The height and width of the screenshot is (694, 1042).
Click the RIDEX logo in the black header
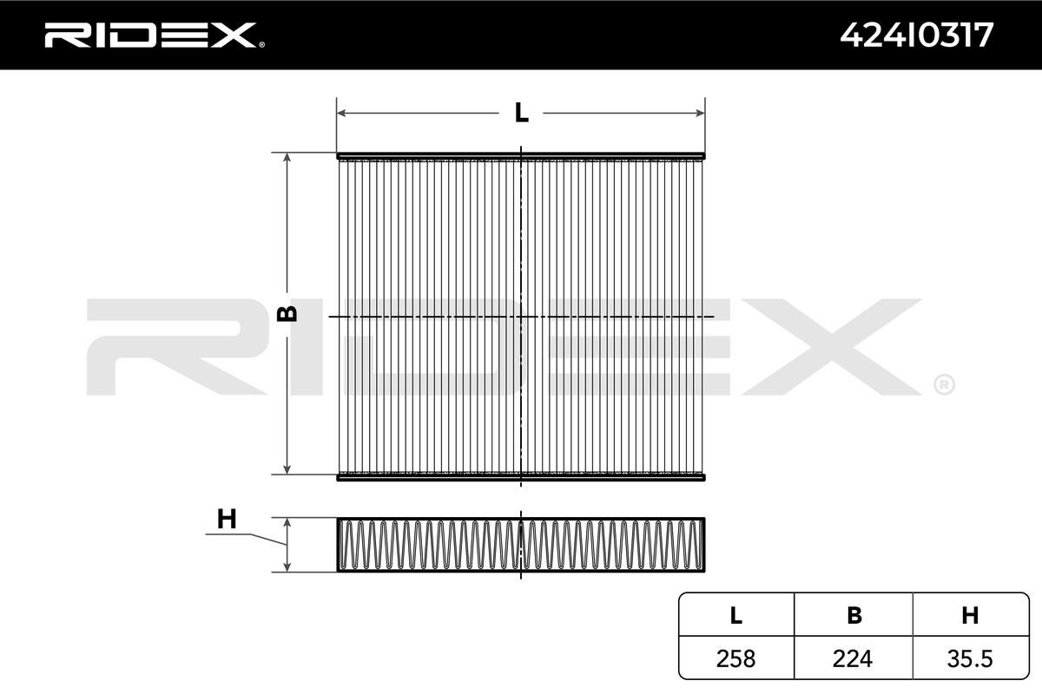[155, 35]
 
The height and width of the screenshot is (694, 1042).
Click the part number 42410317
[916, 36]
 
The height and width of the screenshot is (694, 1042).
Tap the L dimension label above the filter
[522, 113]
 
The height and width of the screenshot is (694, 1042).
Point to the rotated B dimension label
[287, 314]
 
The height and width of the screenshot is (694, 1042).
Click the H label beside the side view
[227, 520]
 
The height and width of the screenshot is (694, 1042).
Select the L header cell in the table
[736, 615]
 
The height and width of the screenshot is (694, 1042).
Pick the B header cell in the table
[854, 615]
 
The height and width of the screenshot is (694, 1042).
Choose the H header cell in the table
[971, 615]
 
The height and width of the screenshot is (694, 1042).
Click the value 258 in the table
[736, 658]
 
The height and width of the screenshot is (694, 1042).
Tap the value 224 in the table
[853, 658]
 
